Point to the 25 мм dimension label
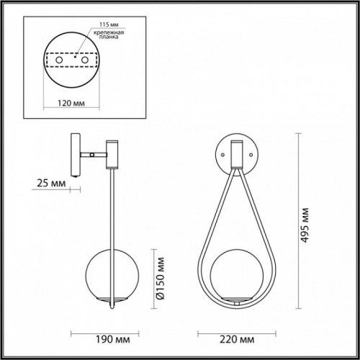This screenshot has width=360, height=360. coord(50,184)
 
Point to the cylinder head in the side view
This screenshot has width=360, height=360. coord(112,153)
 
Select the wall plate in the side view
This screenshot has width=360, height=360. coord(74,153)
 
